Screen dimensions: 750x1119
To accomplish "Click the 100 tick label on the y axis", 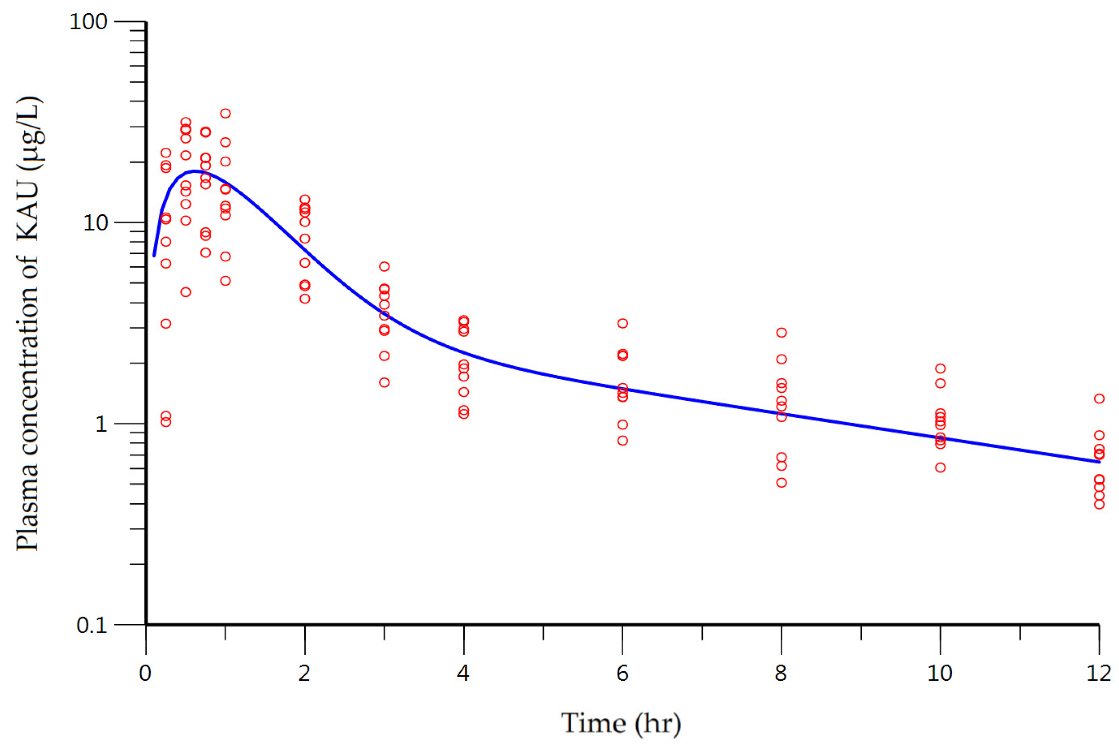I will [x=88, y=22].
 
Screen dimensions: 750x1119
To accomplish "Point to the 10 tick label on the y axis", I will [x=95, y=223].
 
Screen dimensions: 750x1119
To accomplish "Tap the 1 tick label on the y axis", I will [x=101, y=424].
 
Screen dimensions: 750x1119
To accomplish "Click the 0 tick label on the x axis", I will [x=145, y=673].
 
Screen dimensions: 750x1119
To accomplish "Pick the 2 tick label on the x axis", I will [x=304, y=673].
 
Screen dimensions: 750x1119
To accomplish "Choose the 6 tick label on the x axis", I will [x=622, y=673].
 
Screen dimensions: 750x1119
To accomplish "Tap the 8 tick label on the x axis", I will [x=781, y=673].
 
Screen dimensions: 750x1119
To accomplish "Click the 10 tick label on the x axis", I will [x=940, y=673].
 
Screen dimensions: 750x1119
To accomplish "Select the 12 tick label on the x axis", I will [x=1098, y=673].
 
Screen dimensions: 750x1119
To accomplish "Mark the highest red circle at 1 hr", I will [x=225, y=113].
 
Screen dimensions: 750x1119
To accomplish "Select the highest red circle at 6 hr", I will [x=622, y=323].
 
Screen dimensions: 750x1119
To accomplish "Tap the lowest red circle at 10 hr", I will [x=940, y=467].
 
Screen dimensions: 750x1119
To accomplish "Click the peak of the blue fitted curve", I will [x=194, y=171].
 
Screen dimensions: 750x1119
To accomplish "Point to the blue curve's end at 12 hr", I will [x=1099, y=462].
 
